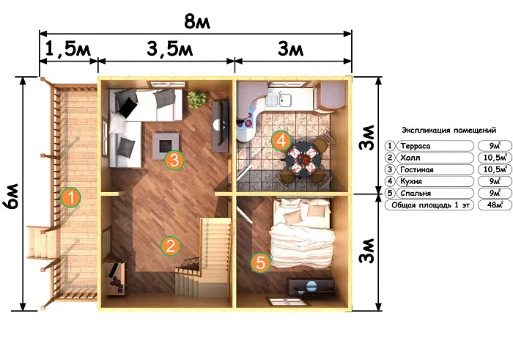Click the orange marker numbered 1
tap(70, 197)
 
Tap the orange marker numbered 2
tap(171, 246)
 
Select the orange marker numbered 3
tap(174, 160)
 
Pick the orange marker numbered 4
tap(281, 141)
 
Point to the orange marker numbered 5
tap(261, 262)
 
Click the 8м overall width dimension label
tap(197, 21)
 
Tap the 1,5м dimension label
tap(67, 49)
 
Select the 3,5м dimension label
tap(170, 49)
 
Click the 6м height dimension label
tap(10, 196)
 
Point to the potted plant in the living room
tap(197, 100)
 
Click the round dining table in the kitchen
tap(302, 160)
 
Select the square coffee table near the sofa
tap(167, 146)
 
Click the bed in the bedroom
tap(302, 233)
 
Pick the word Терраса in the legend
tap(416, 146)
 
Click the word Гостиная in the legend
tap(417, 170)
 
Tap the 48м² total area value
tap(495, 205)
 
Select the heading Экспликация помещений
tap(449, 131)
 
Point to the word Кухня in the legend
tap(411, 181)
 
